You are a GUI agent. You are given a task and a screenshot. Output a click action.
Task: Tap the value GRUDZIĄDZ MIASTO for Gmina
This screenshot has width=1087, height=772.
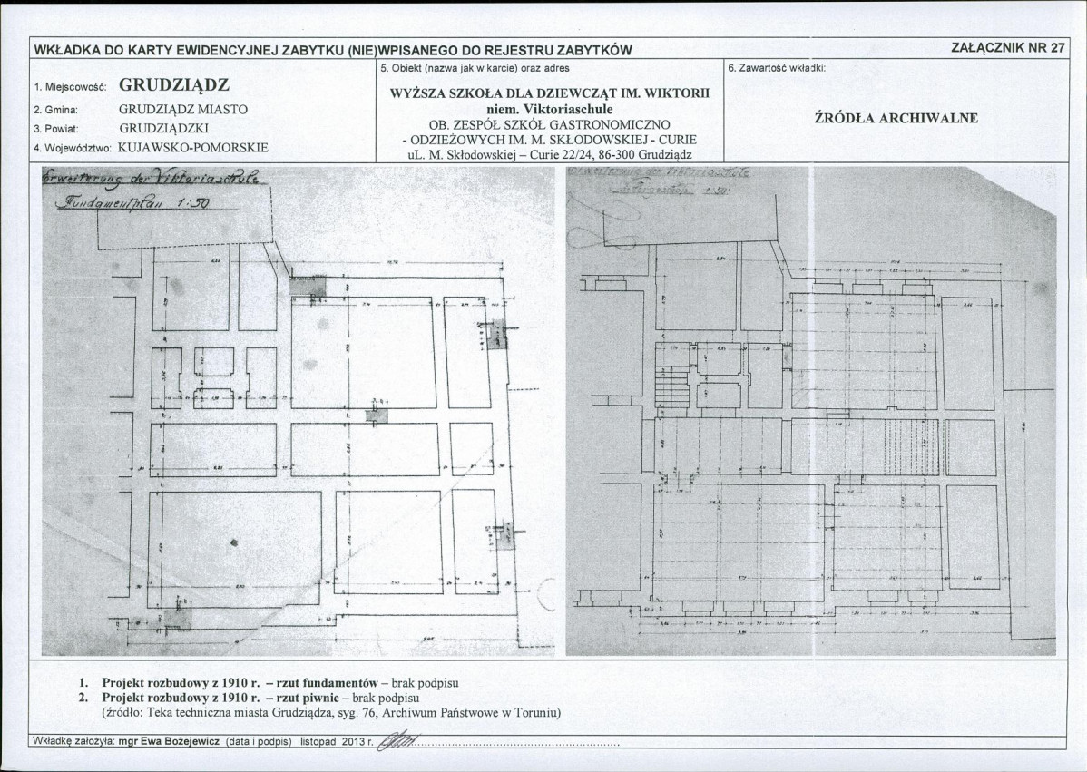click(x=183, y=109)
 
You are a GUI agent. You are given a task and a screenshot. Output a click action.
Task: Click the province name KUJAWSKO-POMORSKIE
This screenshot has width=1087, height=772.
click(x=193, y=146)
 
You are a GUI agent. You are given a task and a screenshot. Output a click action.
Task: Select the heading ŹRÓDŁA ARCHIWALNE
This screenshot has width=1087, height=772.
click(x=896, y=118)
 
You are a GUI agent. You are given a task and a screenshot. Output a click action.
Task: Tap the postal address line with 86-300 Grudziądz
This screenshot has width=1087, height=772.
click(x=550, y=155)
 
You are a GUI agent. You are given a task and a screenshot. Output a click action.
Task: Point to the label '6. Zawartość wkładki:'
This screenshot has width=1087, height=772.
click(x=776, y=68)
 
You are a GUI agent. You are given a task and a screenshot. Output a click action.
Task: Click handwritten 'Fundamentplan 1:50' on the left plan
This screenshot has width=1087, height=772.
click(x=132, y=204)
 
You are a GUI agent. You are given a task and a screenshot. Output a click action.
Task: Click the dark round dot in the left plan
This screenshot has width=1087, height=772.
click(x=235, y=542)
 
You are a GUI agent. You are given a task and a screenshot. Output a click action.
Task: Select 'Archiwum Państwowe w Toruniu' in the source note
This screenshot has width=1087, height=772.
click(x=471, y=713)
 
